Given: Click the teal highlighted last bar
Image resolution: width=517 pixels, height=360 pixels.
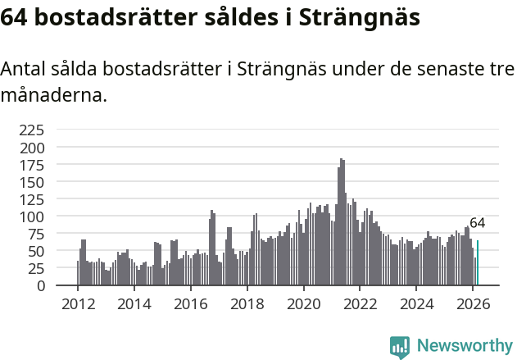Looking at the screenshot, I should point(478,263).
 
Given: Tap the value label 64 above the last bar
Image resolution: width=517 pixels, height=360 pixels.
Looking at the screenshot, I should point(477,223).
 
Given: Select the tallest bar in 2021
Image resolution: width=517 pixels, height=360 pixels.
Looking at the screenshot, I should point(342,222).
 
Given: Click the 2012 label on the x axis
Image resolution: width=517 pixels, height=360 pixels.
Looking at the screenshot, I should point(78,303).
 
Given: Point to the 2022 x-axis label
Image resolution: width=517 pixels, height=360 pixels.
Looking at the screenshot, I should point(360,303).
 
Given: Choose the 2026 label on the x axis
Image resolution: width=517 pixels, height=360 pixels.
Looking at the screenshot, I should point(473,303).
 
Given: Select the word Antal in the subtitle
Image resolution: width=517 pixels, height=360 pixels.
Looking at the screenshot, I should point(25,70).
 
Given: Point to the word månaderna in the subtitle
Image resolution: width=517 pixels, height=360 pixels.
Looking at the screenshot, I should point(53,96).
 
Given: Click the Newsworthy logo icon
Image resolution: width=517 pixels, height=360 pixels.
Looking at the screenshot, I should point(400,347).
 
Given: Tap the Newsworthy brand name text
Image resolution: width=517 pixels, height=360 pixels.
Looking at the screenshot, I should point(465,346).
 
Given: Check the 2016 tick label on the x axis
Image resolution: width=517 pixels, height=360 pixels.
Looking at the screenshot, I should point(190,303).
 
